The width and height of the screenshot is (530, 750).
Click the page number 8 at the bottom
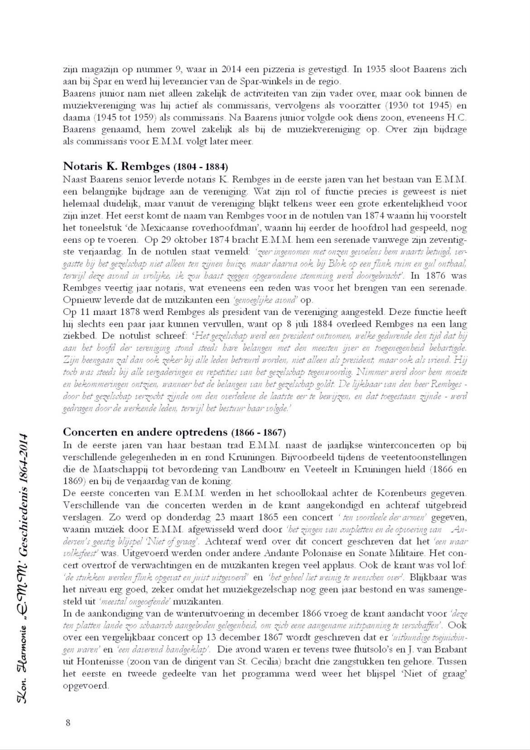tap(68, 722)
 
